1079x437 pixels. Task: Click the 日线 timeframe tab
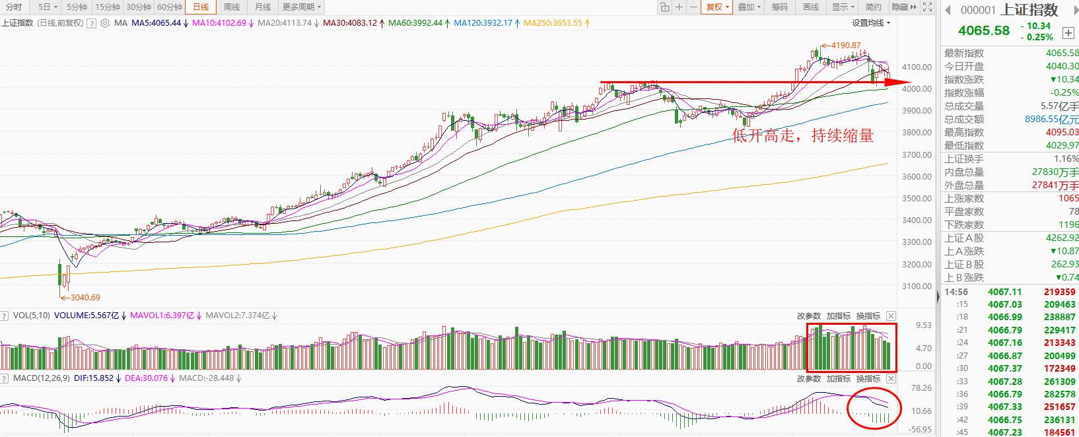tap(201, 7)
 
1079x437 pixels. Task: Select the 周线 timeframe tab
tap(232, 7)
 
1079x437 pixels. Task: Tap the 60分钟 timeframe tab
tap(170, 7)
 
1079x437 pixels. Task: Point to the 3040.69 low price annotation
tap(85, 298)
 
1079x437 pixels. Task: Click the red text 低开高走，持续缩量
tap(802, 136)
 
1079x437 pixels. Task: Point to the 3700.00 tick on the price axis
tap(917, 154)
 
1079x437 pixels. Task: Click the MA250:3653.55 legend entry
tap(553, 23)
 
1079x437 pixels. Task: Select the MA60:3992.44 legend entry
tap(415, 23)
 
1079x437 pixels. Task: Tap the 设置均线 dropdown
tap(871, 23)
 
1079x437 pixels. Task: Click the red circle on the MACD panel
tap(874, 409)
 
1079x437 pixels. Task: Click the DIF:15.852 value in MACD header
tap(94, 378)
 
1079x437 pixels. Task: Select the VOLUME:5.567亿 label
tap(87, 316)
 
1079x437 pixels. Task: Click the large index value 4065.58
tap(984, 30)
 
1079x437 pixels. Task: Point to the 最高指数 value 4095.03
tap(1062, 132)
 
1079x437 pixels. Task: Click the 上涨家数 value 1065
tap(1068, 198)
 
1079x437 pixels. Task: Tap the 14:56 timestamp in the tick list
tap(956, 292)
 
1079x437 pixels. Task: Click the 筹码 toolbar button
tap(780, 7)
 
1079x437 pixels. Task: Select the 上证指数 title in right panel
tap(1029, 10)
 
